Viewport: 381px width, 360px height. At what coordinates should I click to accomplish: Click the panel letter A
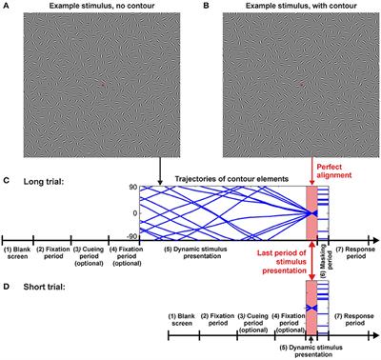click(x=6, y=7)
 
